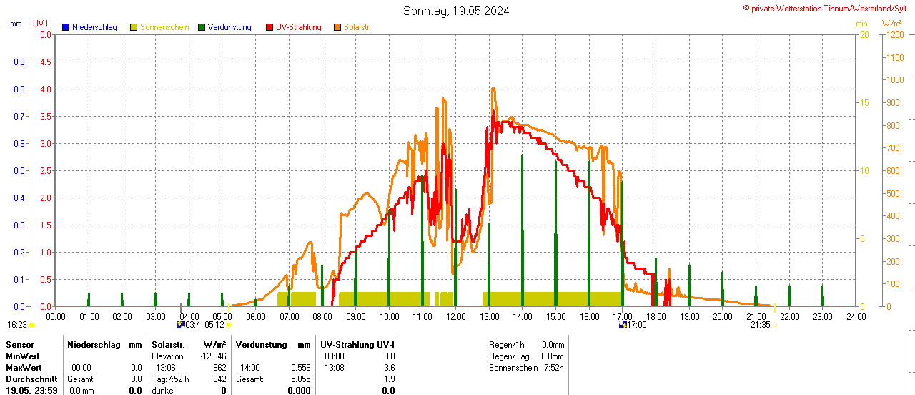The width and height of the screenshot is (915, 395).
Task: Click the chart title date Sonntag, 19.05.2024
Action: [456, 11]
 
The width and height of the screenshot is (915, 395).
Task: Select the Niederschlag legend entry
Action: [89, 27]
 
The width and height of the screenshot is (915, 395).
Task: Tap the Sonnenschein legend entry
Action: [159, 27]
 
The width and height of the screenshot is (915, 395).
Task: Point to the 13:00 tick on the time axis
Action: [489, 316]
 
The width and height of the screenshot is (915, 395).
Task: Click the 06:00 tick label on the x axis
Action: [256, 316]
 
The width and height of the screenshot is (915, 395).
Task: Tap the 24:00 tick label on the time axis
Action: [856, 316]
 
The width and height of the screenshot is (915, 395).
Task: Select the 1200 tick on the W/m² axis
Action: [894, 34]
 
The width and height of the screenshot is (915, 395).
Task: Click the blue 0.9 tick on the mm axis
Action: [19, 62]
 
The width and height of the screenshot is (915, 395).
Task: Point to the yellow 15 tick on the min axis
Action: [864, 102]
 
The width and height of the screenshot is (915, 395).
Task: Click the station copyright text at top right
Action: [828, 8]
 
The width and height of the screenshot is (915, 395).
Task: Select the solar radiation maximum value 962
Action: [219, 368]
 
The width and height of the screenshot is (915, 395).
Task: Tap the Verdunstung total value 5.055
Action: [300, 379]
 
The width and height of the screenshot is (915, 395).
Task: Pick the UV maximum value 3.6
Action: [389, 368]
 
